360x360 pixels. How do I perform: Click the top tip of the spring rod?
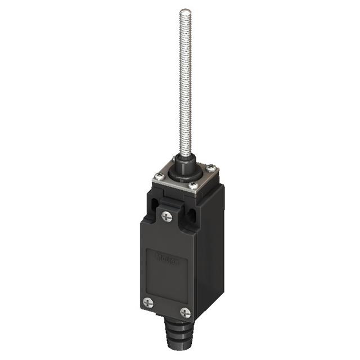[x=185, y=11]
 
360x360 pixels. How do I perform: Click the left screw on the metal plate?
[x=159, y=175]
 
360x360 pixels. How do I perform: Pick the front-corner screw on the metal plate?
[x=193, y=186]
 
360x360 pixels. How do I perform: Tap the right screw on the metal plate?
[x=210, y=168]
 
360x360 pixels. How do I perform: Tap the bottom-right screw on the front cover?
[x=185, y=313]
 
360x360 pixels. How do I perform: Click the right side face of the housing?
[x=211, y=253]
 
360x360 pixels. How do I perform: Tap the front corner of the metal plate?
[x=196, y=195]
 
